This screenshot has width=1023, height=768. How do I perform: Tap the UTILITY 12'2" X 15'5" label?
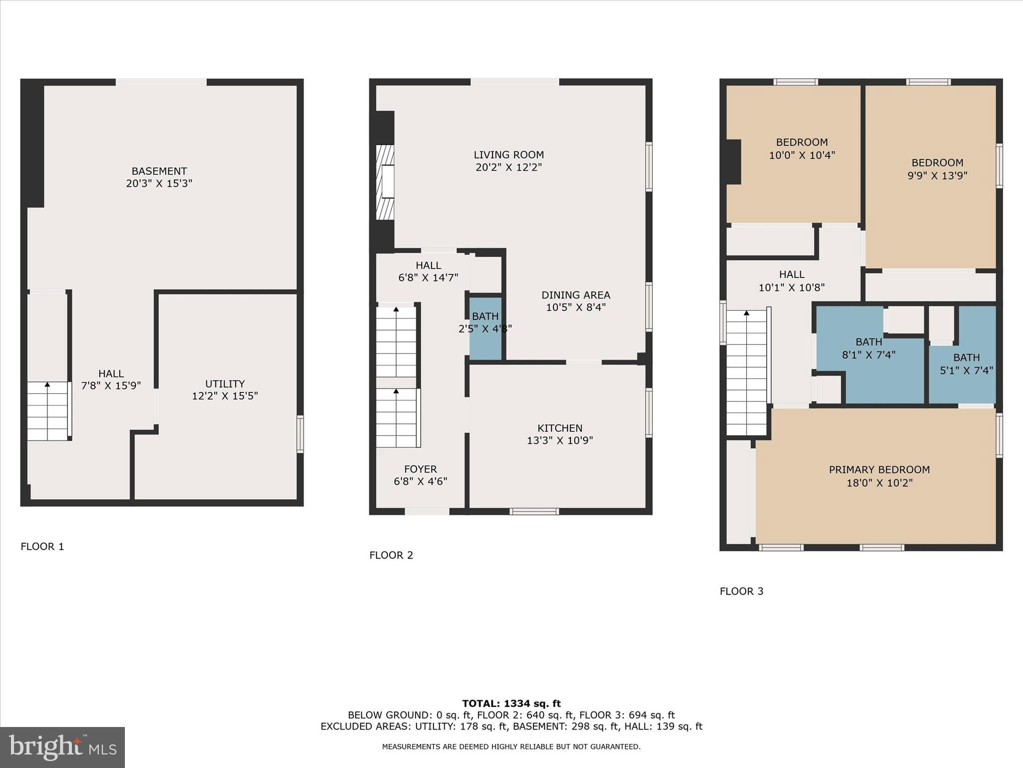[225, 390]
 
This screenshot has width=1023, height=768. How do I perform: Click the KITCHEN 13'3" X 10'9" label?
[559, 434]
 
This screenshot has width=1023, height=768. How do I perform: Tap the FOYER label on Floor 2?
[420, 475]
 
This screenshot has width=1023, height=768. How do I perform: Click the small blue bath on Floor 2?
[485, 327]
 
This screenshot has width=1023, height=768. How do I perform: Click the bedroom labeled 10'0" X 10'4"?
[802, 148]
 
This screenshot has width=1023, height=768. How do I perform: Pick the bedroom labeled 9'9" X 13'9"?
[937, 169]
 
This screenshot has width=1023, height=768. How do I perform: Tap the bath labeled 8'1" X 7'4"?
[869, 348]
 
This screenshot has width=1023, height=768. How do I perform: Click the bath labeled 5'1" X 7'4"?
[966, 364]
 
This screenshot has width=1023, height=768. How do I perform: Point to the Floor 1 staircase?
[47, 411]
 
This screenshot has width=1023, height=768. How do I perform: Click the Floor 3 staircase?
[746, 372]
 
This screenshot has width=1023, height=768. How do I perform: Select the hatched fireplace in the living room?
[385, 182]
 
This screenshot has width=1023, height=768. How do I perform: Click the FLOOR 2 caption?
[391, 555]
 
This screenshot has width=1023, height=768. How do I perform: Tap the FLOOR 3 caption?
[741, 591]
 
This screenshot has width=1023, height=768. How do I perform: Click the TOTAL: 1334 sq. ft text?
[511, 703]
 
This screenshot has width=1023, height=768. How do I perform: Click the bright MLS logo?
[62, 747]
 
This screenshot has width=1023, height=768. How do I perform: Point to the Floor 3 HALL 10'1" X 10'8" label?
[791, 280]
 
